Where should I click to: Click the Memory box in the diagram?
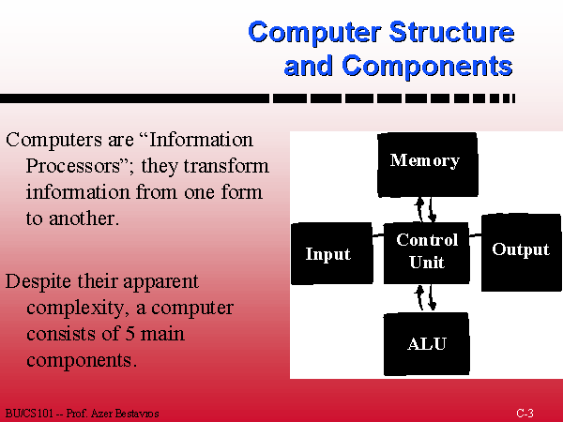tap(426, 163)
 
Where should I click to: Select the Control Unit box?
tap(427, 251)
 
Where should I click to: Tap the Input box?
tap(327, 254)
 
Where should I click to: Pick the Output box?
tap(521, 249)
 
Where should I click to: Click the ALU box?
tap(427, 344)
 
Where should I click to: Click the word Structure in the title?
tap(450, 33)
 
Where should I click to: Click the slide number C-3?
tap(525, 414)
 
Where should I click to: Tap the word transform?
tap(231, 166)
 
